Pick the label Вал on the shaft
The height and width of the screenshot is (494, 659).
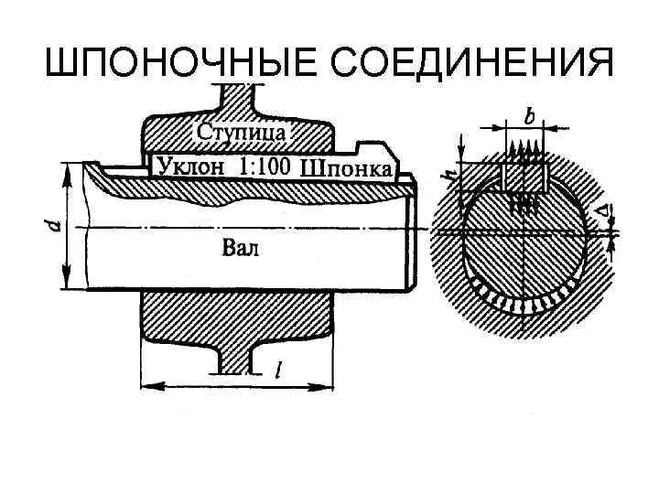click(x=241, y=247)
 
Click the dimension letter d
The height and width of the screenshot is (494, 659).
click(x=55, y=226)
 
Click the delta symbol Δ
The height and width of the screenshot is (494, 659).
click(x=602, y=211)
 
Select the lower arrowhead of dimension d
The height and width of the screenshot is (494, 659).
click(x=68, y=285)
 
